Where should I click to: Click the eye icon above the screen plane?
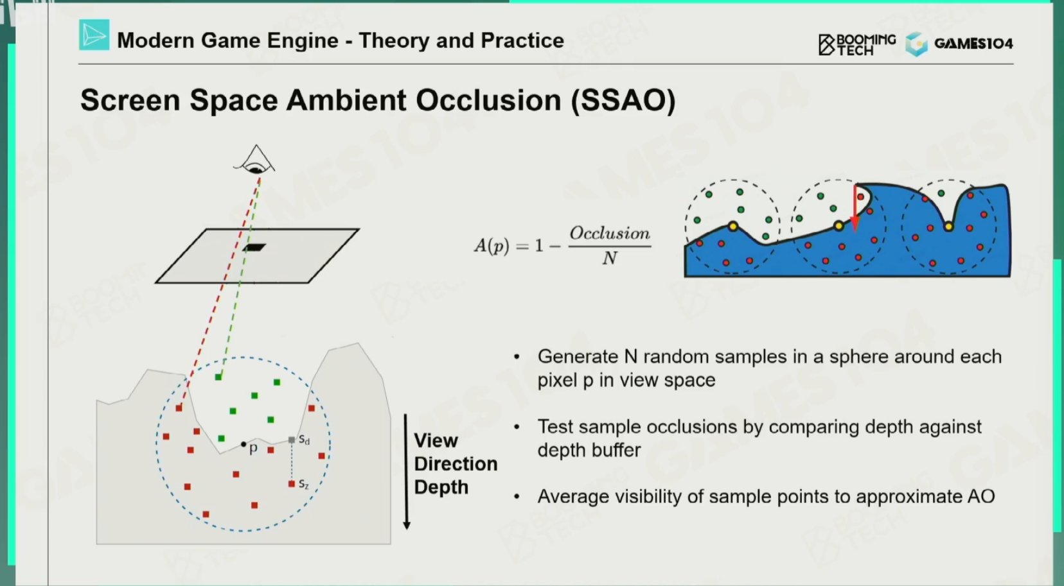tap(255, 161)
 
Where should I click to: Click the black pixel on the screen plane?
tap(254, 247)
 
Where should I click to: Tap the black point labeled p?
tap(244, 444)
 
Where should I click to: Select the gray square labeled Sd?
tap(292, 440)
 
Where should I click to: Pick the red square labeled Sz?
tap(291, 483)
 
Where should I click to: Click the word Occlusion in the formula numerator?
tap(610, 233)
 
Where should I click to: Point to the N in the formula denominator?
tap(610, 258)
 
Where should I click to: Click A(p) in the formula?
tap(491, 245)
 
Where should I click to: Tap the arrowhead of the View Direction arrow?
tap(407, 524)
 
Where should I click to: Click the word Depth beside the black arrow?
tap(441, 487)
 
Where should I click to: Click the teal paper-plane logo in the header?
tap(94, 35)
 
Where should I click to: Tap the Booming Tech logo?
tap(857, 44)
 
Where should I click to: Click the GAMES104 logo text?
tap(973, 44)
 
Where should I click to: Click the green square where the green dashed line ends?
tap(218, 377)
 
